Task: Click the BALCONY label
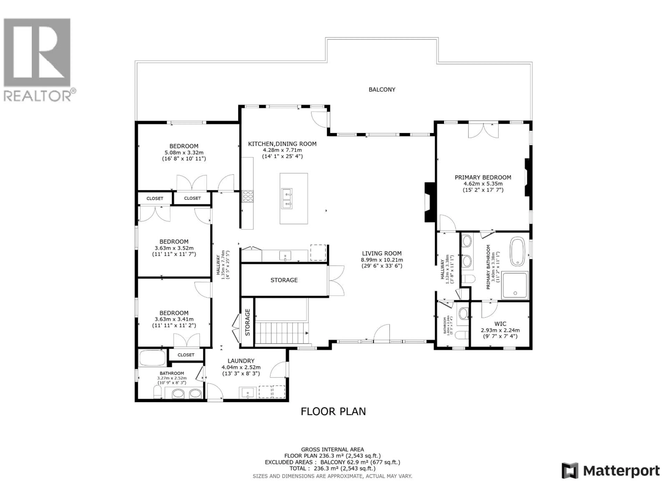(x=382, y=90)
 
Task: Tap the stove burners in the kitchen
(x=248, y=196)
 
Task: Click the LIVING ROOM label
(x=382, y=253)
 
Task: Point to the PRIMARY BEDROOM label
(x=483, y=177)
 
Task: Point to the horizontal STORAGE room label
(x=284, y=280)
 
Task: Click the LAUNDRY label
(x=241, y=361)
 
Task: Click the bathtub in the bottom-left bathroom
(x=152, y=358)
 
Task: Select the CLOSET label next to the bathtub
(x=186, y=355)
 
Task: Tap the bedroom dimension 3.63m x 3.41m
(x=174, y=319)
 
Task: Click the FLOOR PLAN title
(x=333, y=411)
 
